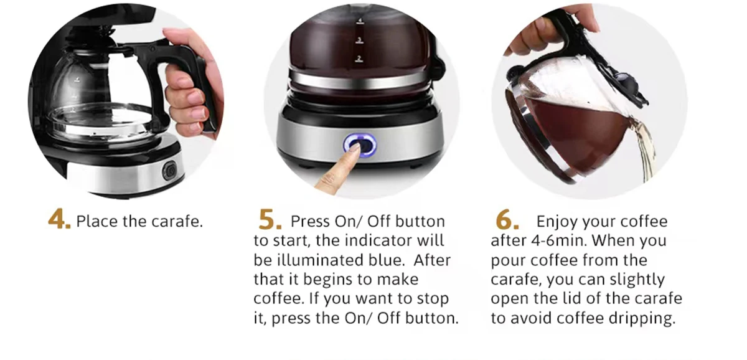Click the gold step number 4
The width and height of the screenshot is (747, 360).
pos(59,219)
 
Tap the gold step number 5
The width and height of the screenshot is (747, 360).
pos(270,219)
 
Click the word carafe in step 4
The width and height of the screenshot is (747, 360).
pos(177,222)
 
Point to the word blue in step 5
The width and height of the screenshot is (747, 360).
pos(387,260)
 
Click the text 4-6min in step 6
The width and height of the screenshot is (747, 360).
pos(558,240)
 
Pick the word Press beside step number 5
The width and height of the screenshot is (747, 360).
pos(310,222)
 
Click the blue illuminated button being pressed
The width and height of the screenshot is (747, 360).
pos(360,145)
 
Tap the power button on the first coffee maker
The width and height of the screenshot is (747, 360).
pos(169,171)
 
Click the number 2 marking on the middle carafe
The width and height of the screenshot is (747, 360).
pos(359,59)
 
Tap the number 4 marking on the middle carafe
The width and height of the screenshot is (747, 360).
pos(360,21)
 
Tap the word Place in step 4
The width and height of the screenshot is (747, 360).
pos(97,222)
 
